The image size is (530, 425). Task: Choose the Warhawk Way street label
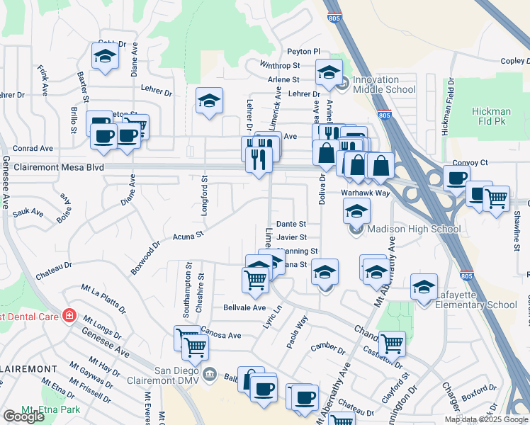point(365,193)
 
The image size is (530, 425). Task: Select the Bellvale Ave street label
point(244,308)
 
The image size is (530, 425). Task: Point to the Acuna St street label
point(188,234)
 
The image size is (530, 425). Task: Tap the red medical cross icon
point(69,314)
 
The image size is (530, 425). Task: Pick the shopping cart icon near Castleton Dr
point(391,344)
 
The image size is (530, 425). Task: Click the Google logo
point(23,416)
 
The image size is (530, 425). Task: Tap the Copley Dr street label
point(514,61)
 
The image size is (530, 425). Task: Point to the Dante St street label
point(291,224)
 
